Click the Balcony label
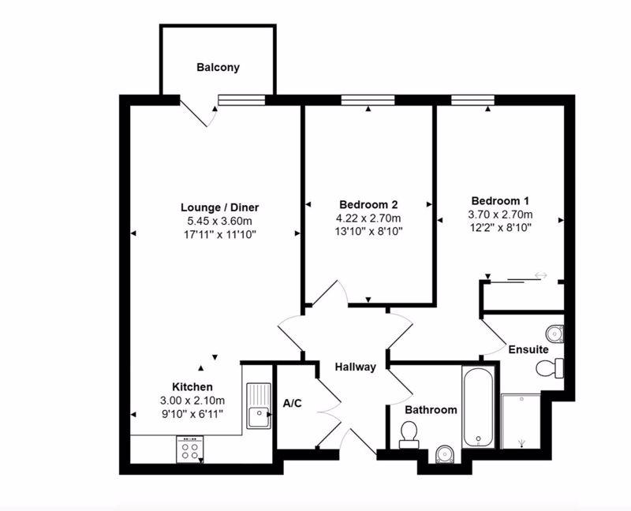tap(218, 67)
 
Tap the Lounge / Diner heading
tap(219, 207)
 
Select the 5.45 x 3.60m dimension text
tap(219, 221)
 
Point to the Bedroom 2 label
tap(368, 204)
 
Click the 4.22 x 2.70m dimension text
tap(368, 218)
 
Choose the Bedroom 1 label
tap(500, 200)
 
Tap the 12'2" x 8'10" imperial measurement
tap(500, 227)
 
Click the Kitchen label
tap(192, 386)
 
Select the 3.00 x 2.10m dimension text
tap(192, 401)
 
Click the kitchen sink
tap(259, 405)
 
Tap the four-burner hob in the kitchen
tap(189, 449)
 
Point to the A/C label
tap(292, 403)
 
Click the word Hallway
tap(356, 367)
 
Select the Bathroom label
tap(431, 409)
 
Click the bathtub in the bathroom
tap(478, 407)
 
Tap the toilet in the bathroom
tap(409, 435)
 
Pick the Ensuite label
tap(528, 349)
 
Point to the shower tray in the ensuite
tap(521, 421)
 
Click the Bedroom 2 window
tap(368, 100)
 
